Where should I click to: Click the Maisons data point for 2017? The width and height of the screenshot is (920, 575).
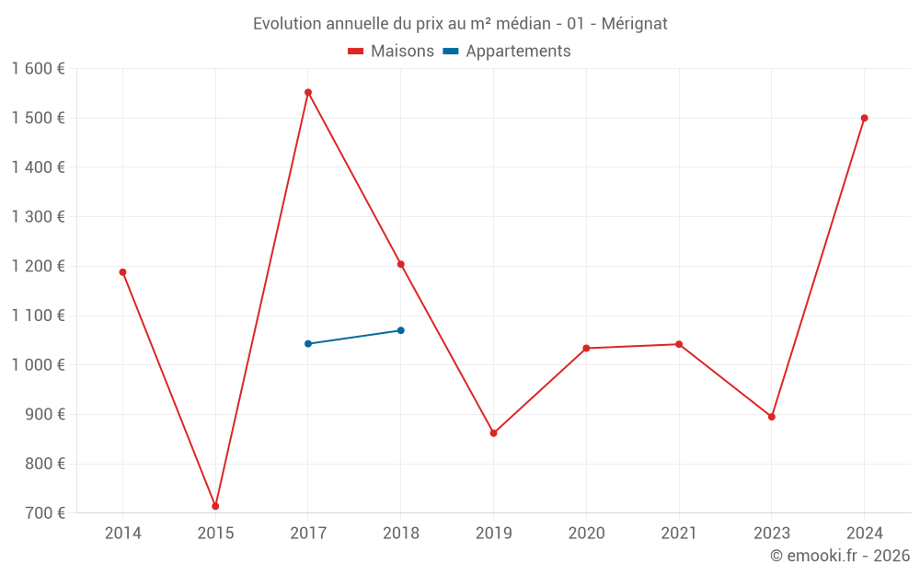click(308, 92)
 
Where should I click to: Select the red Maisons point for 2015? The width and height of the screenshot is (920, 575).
click(215, 506)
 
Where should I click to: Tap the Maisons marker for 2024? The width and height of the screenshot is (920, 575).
click(864, 118)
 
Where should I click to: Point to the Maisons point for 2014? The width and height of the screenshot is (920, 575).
click(122, 272)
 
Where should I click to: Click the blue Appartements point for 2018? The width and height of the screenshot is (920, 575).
click(401, 330)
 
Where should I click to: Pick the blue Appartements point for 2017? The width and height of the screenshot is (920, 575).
click(308, 344)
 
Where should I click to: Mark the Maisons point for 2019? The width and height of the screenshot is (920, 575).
click(493, 432)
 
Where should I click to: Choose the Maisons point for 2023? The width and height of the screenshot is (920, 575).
click(772, 417)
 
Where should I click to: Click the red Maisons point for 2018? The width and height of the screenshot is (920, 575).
click(401, 264)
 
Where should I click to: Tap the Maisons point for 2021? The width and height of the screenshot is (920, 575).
click(679, 344)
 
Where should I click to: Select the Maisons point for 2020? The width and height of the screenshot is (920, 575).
click(586, 348)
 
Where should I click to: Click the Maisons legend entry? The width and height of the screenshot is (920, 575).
click(391, 52)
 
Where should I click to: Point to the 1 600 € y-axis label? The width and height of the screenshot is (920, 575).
click(38, 69)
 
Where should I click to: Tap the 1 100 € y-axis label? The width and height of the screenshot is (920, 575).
click(38, 316)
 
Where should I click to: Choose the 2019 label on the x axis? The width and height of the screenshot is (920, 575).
click(493, 534)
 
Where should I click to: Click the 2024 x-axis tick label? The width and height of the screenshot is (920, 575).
click(864, 534)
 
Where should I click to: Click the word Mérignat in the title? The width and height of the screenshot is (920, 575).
click(634, 23)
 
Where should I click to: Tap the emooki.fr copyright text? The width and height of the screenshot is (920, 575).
click(840, 556)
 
